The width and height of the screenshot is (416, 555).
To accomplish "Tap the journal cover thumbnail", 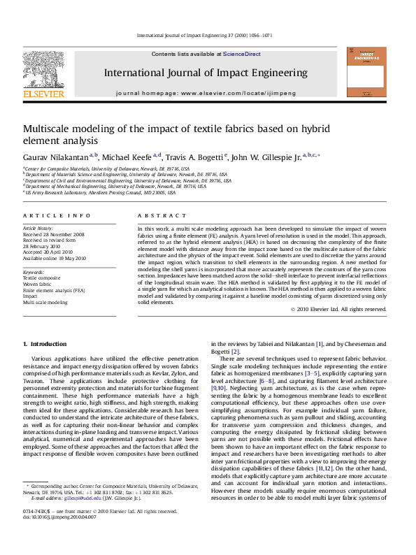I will tap(366, 72).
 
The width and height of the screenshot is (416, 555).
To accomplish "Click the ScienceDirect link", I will tap(242, 54).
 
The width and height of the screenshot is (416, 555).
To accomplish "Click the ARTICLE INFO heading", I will tap(57, 216).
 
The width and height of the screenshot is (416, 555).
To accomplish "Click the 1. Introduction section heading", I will tap(45, 344).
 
